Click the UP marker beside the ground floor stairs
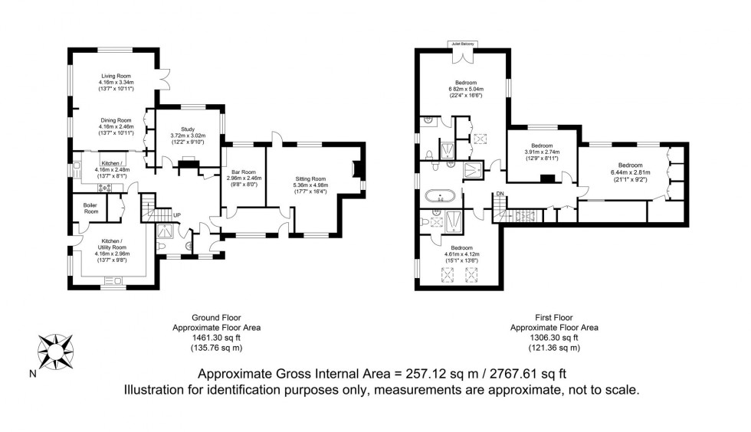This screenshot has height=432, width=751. pos(176,215)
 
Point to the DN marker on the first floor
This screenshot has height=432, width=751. pos(500,195)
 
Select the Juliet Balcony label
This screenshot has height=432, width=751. pos(462,44)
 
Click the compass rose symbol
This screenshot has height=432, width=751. pos(55,350)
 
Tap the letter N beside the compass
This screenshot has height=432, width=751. pos(31,375)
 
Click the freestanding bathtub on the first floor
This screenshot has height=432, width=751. pos(441,196)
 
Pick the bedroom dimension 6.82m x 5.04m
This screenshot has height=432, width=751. pos(466,89)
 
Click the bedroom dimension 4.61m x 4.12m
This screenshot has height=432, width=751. pos(462,254)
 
